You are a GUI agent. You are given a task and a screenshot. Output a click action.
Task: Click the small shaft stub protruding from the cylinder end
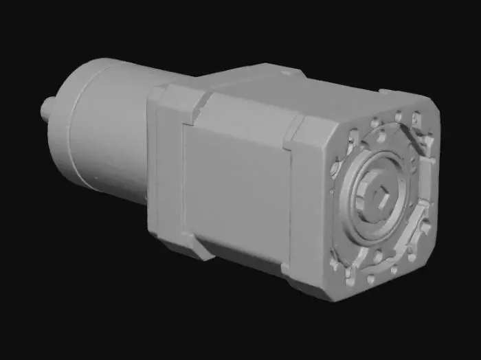(x=49, y=108)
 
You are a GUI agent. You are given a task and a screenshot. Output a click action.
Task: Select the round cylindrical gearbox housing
(x=103, y=131)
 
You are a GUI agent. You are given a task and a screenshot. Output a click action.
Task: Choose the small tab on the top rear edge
(x=292, y=69)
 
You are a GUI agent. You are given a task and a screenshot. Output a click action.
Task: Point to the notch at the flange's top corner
(x=203, y=103)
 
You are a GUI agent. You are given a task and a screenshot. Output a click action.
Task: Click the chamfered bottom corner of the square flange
(x=199, y=251)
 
